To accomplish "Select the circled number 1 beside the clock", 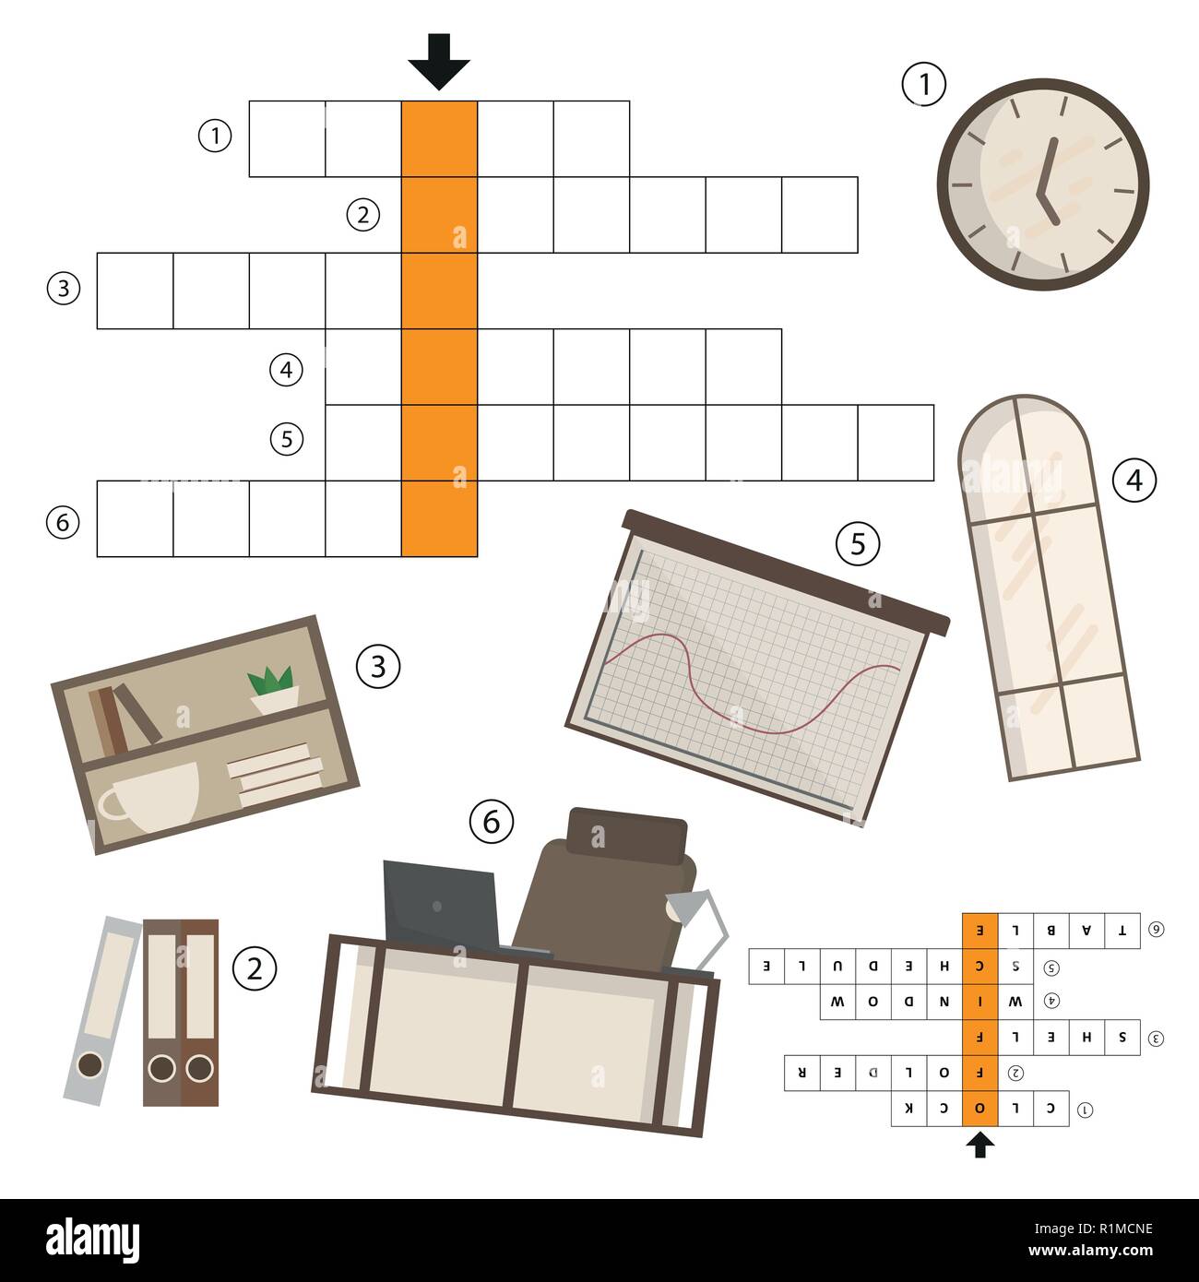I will point(923,85).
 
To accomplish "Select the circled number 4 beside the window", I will point(1134,480).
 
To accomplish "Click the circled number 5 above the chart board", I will point(858,544).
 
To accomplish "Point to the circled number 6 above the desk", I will point(491,820).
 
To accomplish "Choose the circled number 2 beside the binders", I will point(254,968).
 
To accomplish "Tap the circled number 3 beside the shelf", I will point(378,665).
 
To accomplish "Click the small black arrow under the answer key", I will point(979,1145).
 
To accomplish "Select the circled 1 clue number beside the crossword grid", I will point(215,137).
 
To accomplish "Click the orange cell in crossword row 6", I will point(439,518).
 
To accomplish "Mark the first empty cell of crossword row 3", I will point(136,291).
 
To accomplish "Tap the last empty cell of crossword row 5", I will point(896,443).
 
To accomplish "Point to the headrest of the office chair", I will point(627,835).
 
